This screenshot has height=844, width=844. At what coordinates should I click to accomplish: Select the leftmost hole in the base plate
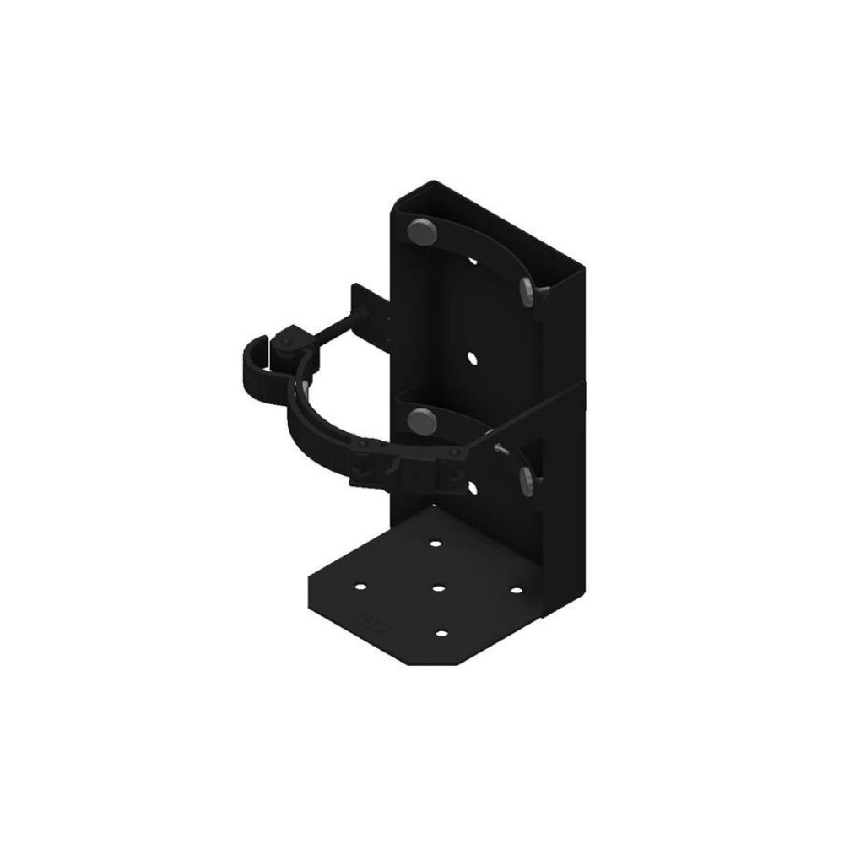[362, 585]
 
